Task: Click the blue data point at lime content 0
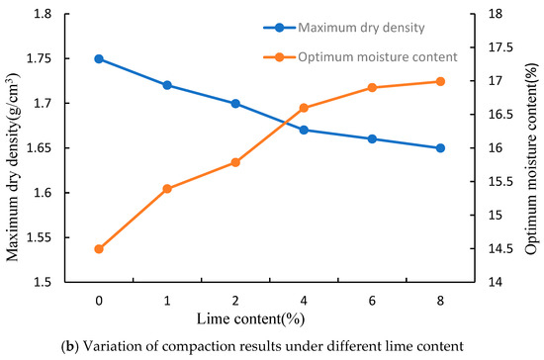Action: (99, 58)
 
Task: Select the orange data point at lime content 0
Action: (99, 249)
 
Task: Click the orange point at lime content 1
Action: (167, 188)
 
